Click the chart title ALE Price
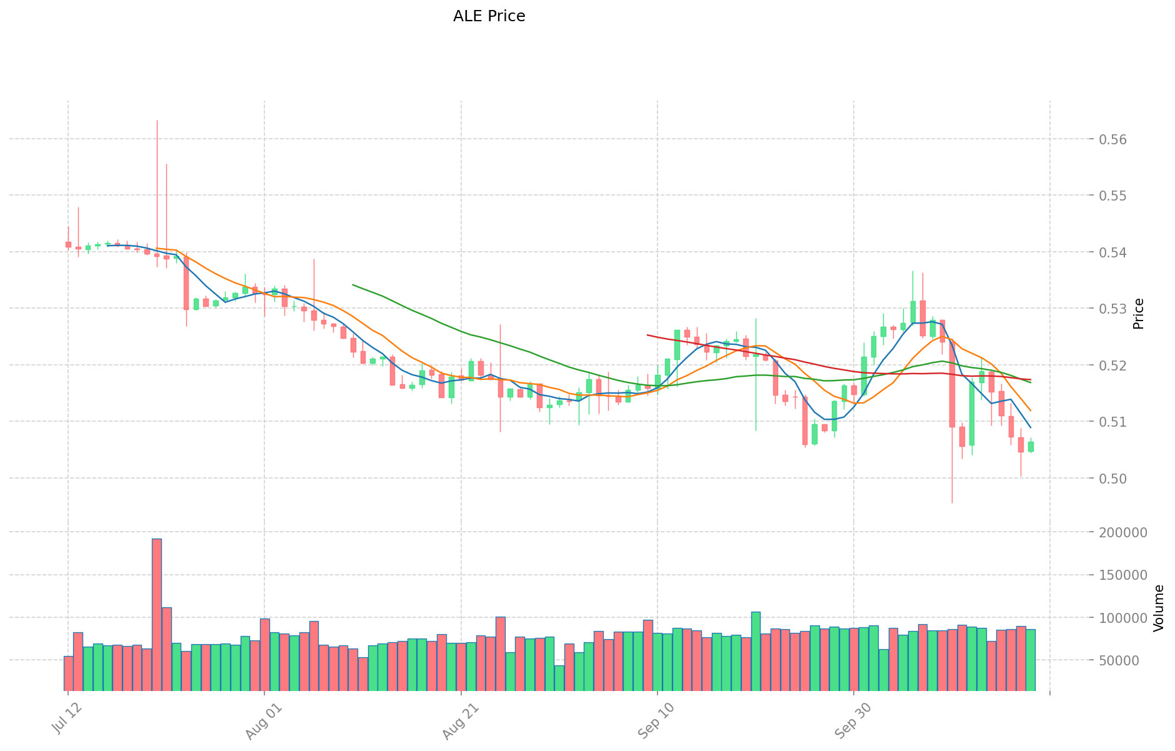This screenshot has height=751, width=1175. (489, 16)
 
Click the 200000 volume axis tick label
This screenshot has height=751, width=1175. (1121, 532)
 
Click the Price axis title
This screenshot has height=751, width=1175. (1139, 314)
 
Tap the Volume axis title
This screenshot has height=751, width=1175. (1159, 608)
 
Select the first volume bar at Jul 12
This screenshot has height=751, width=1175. (68, 673)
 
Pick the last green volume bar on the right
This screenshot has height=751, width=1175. (1030, 659)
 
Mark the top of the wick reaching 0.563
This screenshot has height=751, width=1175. (157, 121)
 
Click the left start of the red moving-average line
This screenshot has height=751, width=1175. (647, 335)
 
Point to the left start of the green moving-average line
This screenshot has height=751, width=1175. (353, 285)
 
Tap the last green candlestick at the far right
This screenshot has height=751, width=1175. (1031, 447)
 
